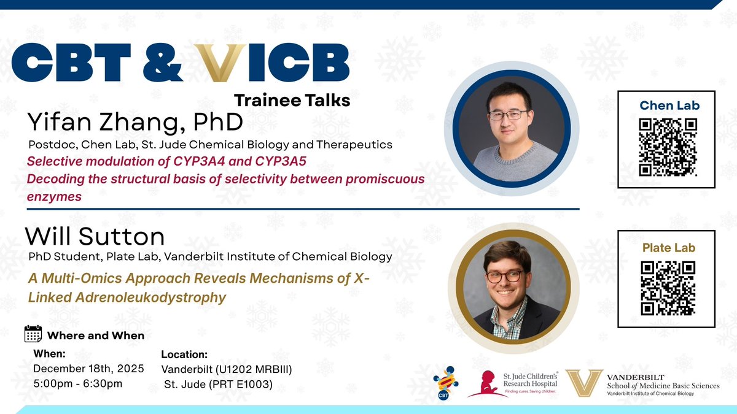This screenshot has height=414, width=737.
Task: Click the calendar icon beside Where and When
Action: [33, 334]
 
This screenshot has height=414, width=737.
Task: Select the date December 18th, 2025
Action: [88, 369]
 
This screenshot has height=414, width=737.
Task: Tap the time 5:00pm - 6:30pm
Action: [77, 383]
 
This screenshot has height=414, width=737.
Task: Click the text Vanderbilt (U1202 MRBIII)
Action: [226, 369]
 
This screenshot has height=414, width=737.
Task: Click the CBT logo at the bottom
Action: [446, 383]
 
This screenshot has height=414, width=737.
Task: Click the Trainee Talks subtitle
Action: [292, 100]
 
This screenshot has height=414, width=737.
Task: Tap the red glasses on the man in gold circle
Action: [505, 275]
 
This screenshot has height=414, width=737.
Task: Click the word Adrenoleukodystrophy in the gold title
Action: [127, 297]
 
